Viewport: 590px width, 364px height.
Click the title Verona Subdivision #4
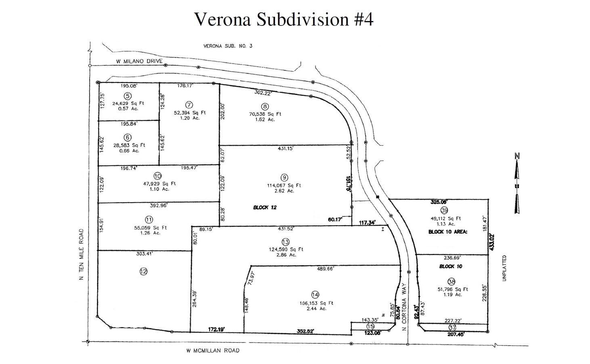[x=283, y=19]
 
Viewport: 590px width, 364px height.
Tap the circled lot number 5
[x=128, y=96]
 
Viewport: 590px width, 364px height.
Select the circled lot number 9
[x=284, y=177]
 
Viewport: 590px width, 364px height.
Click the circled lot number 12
[x=143, y=271]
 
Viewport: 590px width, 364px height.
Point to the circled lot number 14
[x=315, y=294]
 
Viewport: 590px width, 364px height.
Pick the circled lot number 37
[x=452, y=327]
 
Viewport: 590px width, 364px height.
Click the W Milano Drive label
[x=139, y=61]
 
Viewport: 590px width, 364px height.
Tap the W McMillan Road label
[x=212, y=351]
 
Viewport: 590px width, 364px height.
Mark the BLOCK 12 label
[x=265, y=207]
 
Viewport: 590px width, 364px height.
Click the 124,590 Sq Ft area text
[x=286, y=249]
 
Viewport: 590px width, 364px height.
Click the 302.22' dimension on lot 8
[x=263, y=92]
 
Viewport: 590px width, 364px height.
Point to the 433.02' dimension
[x=492, y=242]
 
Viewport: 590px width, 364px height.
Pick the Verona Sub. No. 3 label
[x=227, y=46]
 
